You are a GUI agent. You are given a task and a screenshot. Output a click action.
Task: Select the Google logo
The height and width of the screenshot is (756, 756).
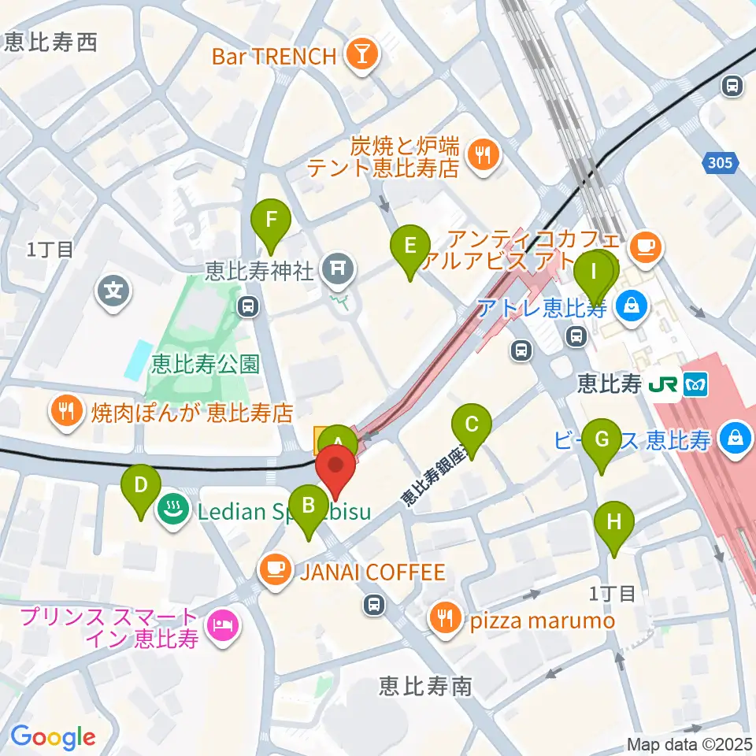[53, 737]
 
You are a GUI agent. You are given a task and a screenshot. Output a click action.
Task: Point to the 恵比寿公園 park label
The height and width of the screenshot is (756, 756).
[206, 363]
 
